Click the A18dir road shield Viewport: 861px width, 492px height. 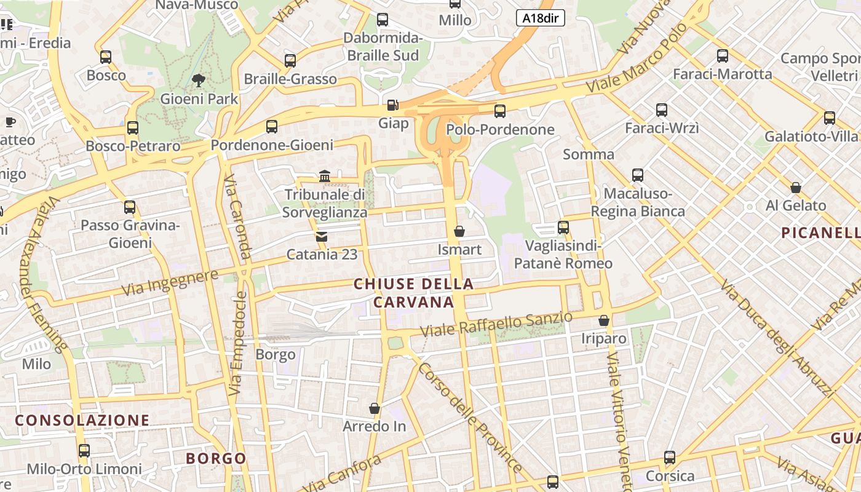tap(540, 18)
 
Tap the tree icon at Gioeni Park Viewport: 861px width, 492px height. tap(199, 79)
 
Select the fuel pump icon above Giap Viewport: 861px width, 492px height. tap(392, 105)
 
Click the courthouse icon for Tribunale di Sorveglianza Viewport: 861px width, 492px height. tap(325, 177)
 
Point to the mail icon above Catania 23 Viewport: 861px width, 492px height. tap(321, 237)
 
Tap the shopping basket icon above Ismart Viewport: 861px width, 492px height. tap(459, 231)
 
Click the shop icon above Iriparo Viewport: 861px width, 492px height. tap(604, 320)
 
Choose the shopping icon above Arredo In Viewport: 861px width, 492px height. tap(374, 408)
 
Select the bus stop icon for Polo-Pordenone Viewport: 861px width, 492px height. tap(500, 111)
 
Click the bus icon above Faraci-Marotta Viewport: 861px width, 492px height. tap(723, 56)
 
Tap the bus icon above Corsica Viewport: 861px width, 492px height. tap(670, 458)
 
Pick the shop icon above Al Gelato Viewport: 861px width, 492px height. tap(796, 187)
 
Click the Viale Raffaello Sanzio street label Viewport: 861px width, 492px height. tap(496, 324)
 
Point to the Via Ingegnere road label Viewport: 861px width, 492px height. tap(170, 282)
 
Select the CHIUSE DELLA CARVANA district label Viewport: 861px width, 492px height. tap(414, 293)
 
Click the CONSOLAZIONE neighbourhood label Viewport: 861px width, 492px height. tap(82, 420)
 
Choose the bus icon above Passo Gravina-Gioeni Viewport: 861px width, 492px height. tap(130, 207)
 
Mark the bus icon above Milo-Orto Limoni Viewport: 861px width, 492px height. tap(84, 451)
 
